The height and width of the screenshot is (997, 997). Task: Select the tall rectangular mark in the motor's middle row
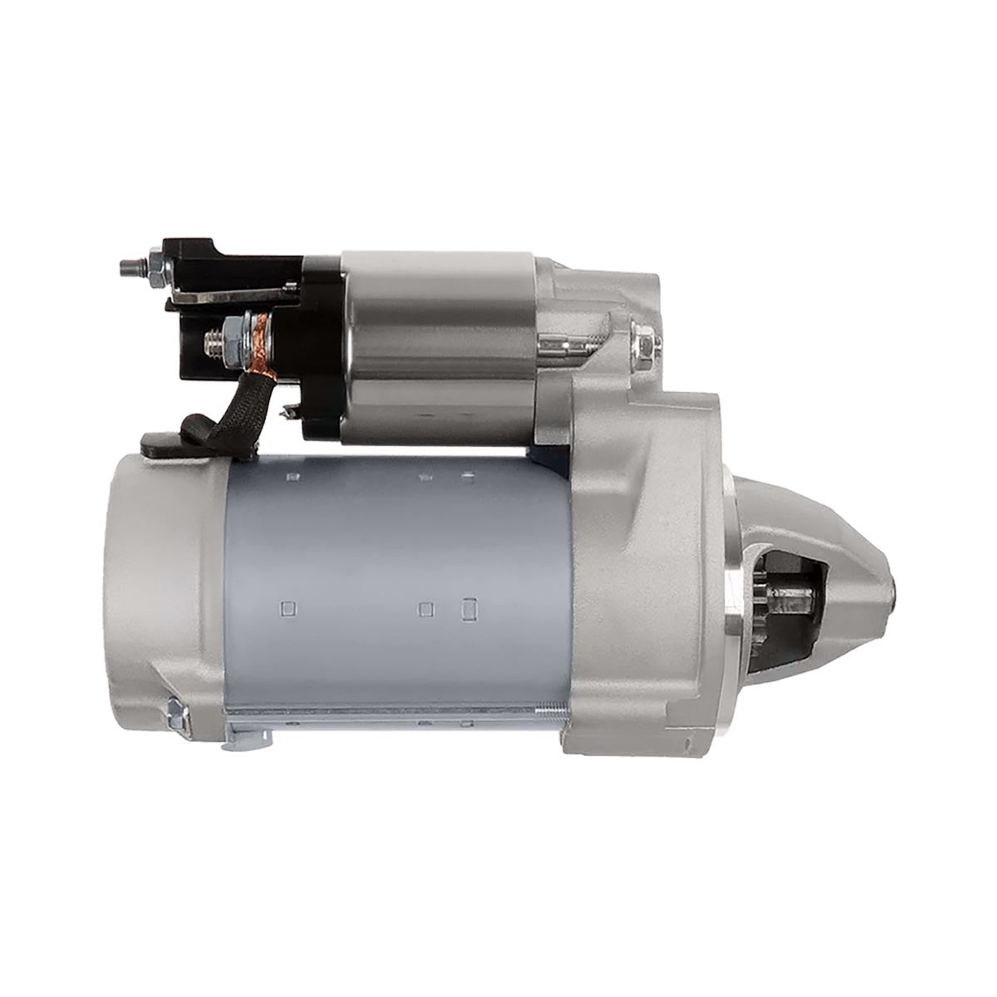pyautogui.click(x=467, y=609)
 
